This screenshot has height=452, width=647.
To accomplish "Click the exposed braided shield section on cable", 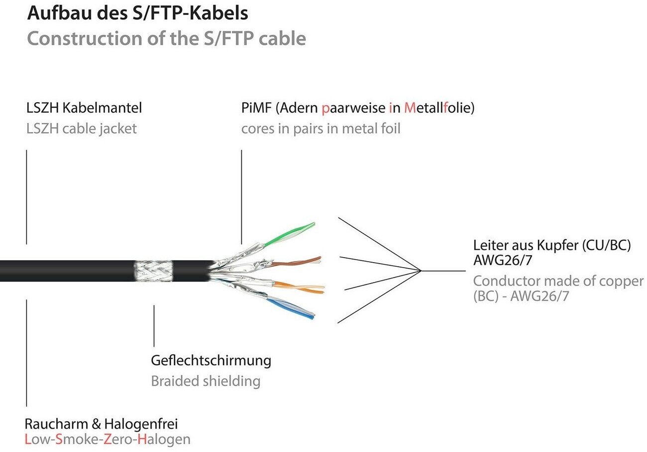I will pos(153,271).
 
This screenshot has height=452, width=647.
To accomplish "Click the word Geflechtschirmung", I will pos(211,360).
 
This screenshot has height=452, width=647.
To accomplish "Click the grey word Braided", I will pos(175,381).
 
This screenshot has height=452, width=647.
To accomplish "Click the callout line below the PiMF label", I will pos(241,197).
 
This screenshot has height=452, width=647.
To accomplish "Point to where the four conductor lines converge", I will pos(421,271).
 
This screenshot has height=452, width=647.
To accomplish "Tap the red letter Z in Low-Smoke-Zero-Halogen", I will pos(116,440).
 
